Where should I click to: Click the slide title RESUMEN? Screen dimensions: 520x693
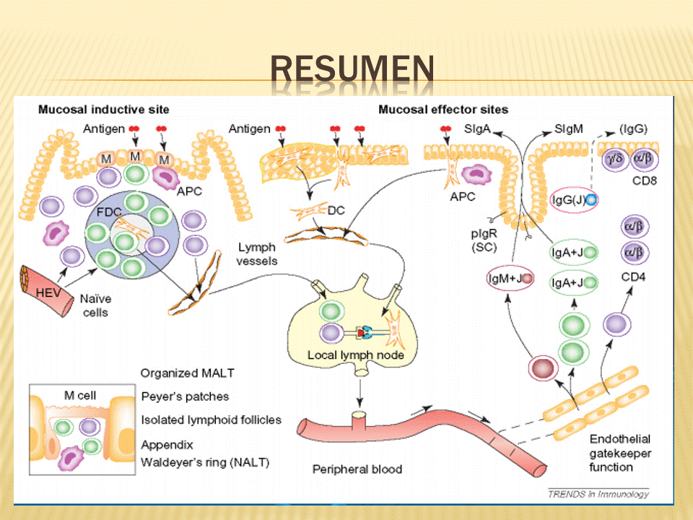[352, 70]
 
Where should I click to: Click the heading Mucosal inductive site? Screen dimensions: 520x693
[103, 110]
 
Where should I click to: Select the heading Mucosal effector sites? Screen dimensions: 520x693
[443, 110]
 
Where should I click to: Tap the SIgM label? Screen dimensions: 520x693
[570, 129]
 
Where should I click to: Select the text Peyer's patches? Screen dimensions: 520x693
[185, 396]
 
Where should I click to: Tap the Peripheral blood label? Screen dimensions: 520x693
[357, 469]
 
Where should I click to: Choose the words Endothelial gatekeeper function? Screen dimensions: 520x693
[620, 453]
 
